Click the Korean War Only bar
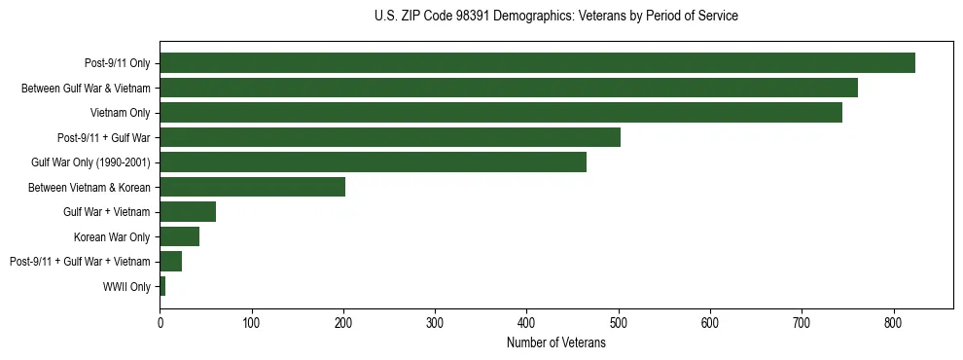click(180, 236)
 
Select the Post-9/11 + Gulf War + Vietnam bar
click(171, 262)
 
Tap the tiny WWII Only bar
click(162, 286)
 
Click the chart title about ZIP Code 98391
click(555, 17)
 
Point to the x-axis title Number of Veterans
click(555, 343)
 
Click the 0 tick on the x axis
click(160, 323)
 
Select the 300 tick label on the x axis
click(435, 323)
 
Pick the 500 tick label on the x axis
click(619, 323)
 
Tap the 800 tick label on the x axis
click(894, 323)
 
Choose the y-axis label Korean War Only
click(112, 237)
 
